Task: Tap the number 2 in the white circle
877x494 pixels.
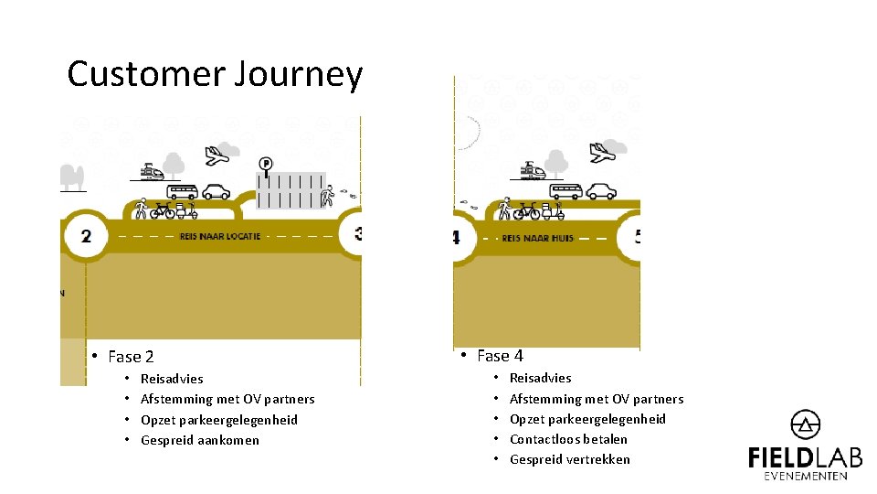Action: (86, 236)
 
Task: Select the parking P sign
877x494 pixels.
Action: (266, 165)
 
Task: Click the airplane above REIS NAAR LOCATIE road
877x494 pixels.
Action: (217, 155)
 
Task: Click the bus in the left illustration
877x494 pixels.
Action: (182, 191)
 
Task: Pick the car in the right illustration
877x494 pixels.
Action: (601, 190)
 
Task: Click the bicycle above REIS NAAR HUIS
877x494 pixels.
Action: (526, 211)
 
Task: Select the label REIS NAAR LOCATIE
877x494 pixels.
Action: (219, 236)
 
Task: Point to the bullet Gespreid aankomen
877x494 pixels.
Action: (200, 440)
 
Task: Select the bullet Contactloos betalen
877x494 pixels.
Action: (568, 439)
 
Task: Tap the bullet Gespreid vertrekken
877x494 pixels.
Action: (569, 459)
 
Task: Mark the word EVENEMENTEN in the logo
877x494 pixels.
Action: (805, 476)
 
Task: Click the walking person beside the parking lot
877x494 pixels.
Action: (329, 196)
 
